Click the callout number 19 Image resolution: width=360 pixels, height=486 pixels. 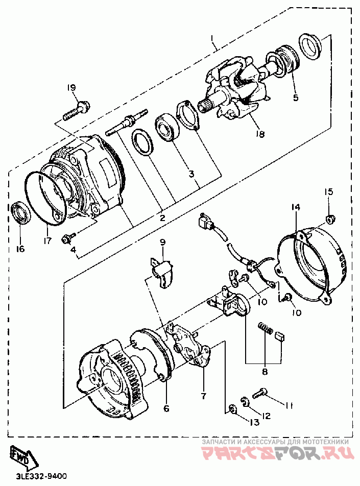pyautogui.click(x=71, y=88)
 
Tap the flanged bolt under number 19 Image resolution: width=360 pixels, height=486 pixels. pyautogui.click(x=76, y=111)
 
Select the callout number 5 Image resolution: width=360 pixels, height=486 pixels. pyautogui.click(x=296, y=97)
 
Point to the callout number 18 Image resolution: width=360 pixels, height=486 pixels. pyautogui.click(x=259, y=134)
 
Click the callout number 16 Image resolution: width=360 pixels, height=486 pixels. pyautogui.click(x=20, y=249)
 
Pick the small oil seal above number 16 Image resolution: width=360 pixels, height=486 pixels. pyautogui.click(x=21, y=213)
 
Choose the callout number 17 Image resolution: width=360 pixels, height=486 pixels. pyautogui.click(x=47, y=240)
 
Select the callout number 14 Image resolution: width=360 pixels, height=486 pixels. pyautogui.click(x=296, y=207)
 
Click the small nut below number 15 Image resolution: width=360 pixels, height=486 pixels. pyautogui.click(x=330, y=220)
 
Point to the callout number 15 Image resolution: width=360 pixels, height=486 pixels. pyautogui.click(x=329, y=192)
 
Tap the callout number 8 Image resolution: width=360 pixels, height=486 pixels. pyautogui.click(x=265, y=371)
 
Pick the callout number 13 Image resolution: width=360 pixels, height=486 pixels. pyautogui.click(x=254, y=422)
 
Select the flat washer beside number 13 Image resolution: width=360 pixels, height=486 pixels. pyautogui.click(x=232, y=409)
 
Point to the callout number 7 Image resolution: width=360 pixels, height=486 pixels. pyautogui.click(x=203, y=396)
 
